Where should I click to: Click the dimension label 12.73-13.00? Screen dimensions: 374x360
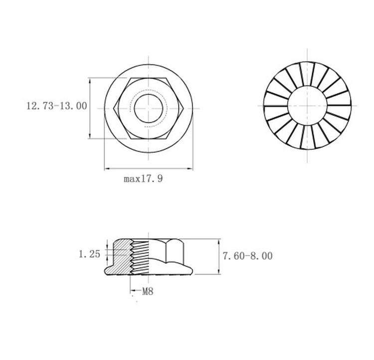point(57,106)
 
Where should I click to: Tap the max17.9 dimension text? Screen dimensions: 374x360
point(143,179)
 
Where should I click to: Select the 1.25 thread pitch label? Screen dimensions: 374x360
point(90,254)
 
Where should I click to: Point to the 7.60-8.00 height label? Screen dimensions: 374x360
point(247,256)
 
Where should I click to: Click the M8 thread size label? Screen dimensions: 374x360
point(148,291)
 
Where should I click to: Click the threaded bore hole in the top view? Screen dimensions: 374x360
point(149,108)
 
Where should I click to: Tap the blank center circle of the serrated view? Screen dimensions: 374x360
point(307,105)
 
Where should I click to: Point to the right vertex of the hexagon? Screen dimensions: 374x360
point(184,108)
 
